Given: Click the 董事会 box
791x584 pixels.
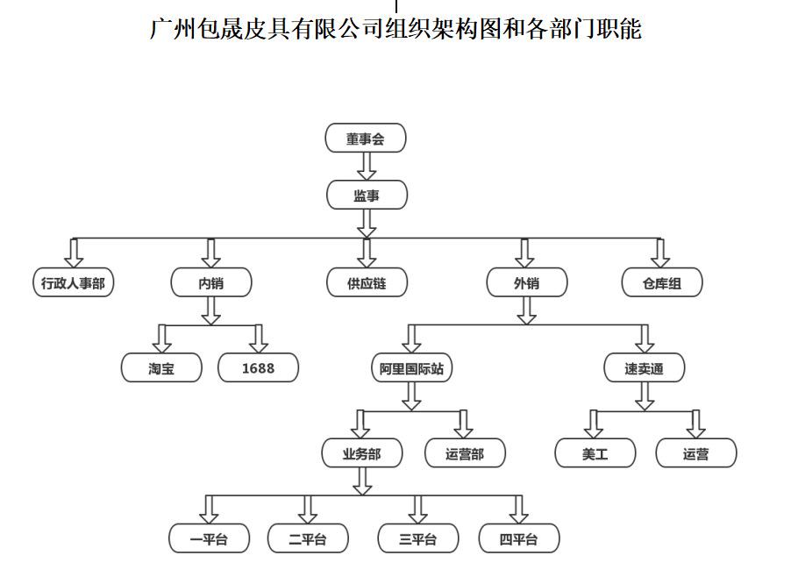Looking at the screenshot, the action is coord(366,138).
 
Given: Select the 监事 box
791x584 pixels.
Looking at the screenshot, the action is coord(367,195).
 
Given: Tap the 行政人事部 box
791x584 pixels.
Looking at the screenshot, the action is coord(74,282).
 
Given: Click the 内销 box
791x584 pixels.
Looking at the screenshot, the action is coord(211,282).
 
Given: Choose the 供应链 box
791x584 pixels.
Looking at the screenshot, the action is coord(367,282).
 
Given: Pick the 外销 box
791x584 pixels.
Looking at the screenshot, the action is coord(527,282).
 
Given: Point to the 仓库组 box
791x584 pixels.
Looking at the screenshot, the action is coord(662,282).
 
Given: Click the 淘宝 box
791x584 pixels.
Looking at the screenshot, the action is coord(161,367).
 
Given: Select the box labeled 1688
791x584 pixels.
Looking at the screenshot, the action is coord(259,367).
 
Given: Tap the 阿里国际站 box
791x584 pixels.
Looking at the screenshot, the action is coord(411,367).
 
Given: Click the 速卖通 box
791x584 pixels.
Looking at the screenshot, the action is coord(645,367).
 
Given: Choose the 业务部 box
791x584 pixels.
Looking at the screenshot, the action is coord(362,453).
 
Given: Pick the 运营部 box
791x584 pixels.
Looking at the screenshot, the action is coord(465,453).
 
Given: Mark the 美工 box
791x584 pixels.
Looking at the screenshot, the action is coord(595,453).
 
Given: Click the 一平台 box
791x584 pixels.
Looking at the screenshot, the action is coord(210,538).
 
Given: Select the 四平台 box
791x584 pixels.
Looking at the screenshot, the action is coord(519,538).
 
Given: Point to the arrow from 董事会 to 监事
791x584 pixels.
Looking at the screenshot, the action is coord(367,166).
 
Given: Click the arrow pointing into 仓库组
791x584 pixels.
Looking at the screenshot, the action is coord(660,253).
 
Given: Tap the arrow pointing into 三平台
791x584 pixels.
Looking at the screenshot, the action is coord(417,509).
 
